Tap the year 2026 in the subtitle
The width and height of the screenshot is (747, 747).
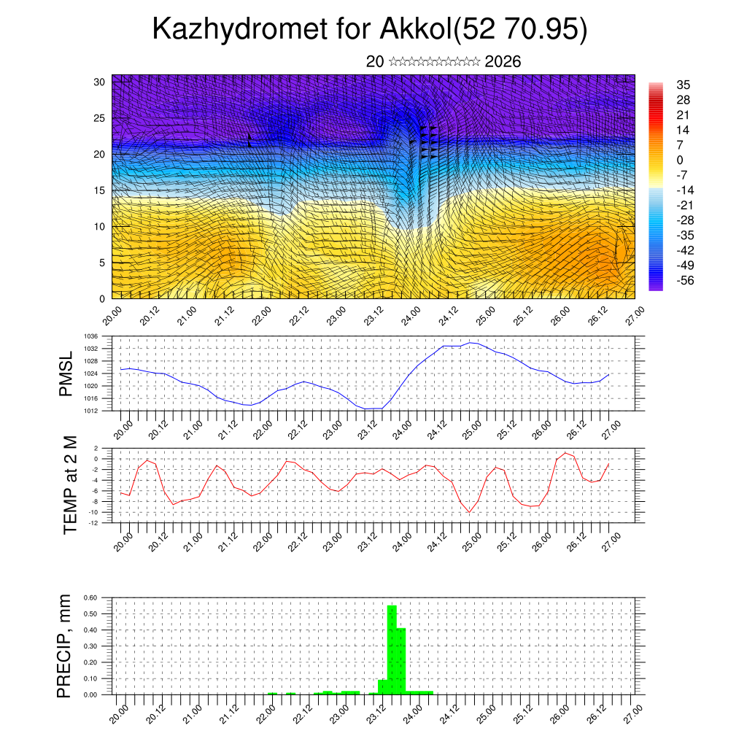pos(503,62)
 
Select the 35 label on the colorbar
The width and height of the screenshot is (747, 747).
pos(684,85)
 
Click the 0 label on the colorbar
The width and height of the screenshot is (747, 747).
pos(680,160)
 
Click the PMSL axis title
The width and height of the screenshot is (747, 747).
pos(66,373)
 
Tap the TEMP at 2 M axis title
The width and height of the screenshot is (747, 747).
pos(70,484)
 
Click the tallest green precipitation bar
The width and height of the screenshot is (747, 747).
pos(392,649)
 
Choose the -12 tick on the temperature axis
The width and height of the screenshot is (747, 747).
pos(93,522)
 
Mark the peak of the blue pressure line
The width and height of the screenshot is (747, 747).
pos(471,342)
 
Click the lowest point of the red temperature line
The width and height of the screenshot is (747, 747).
pos(470,512)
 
